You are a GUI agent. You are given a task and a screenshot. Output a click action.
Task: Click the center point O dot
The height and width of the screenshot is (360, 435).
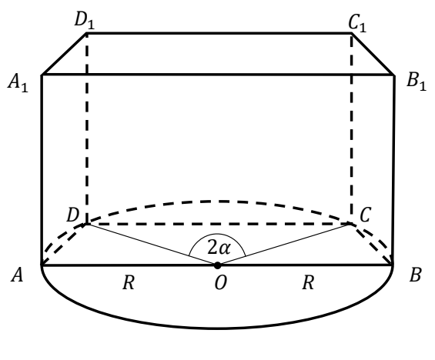pos(217,265)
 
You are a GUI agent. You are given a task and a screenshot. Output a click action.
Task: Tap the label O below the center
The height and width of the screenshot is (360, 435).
pos(221,283)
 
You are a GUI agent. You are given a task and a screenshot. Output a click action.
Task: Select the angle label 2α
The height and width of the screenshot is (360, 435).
pos(219,247)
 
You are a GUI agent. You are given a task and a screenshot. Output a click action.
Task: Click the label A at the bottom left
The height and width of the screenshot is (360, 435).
pos(17,275)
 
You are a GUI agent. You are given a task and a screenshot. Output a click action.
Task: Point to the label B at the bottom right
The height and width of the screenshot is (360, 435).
pos(415,275)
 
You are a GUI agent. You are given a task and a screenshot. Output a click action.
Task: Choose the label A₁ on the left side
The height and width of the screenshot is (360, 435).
pos(18,83)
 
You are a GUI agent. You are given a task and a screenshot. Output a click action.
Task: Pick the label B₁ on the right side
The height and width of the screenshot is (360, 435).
pos(416,82)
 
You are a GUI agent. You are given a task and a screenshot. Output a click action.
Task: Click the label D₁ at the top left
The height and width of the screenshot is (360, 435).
pos(85,21)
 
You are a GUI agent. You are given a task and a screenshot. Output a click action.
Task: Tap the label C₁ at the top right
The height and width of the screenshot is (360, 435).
pos(357,23)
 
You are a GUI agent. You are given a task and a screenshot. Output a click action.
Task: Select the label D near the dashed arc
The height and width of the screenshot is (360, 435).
pos(73,215)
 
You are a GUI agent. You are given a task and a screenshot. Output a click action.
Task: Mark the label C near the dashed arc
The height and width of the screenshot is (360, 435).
pos(365,215)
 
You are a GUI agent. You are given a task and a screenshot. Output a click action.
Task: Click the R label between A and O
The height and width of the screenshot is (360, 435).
pos(129,283)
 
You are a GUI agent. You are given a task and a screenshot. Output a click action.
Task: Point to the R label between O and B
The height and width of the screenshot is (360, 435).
pos(308,283)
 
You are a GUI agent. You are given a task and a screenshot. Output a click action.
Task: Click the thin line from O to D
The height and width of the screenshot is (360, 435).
pos(152,244)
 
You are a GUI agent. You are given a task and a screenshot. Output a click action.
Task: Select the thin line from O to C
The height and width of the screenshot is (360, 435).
pos(284,244)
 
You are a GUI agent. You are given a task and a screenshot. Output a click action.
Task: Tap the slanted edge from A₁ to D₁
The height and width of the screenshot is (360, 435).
pos(64,54)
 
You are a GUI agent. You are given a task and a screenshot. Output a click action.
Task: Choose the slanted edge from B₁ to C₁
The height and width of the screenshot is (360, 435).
pos(373,54)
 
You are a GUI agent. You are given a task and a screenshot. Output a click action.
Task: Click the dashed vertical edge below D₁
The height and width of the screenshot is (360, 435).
pos(87,128)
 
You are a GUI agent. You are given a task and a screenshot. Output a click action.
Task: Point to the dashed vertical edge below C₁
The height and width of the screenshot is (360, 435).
pos(352,128)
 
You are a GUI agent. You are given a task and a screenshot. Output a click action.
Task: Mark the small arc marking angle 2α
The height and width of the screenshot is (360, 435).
pos(217,234)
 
